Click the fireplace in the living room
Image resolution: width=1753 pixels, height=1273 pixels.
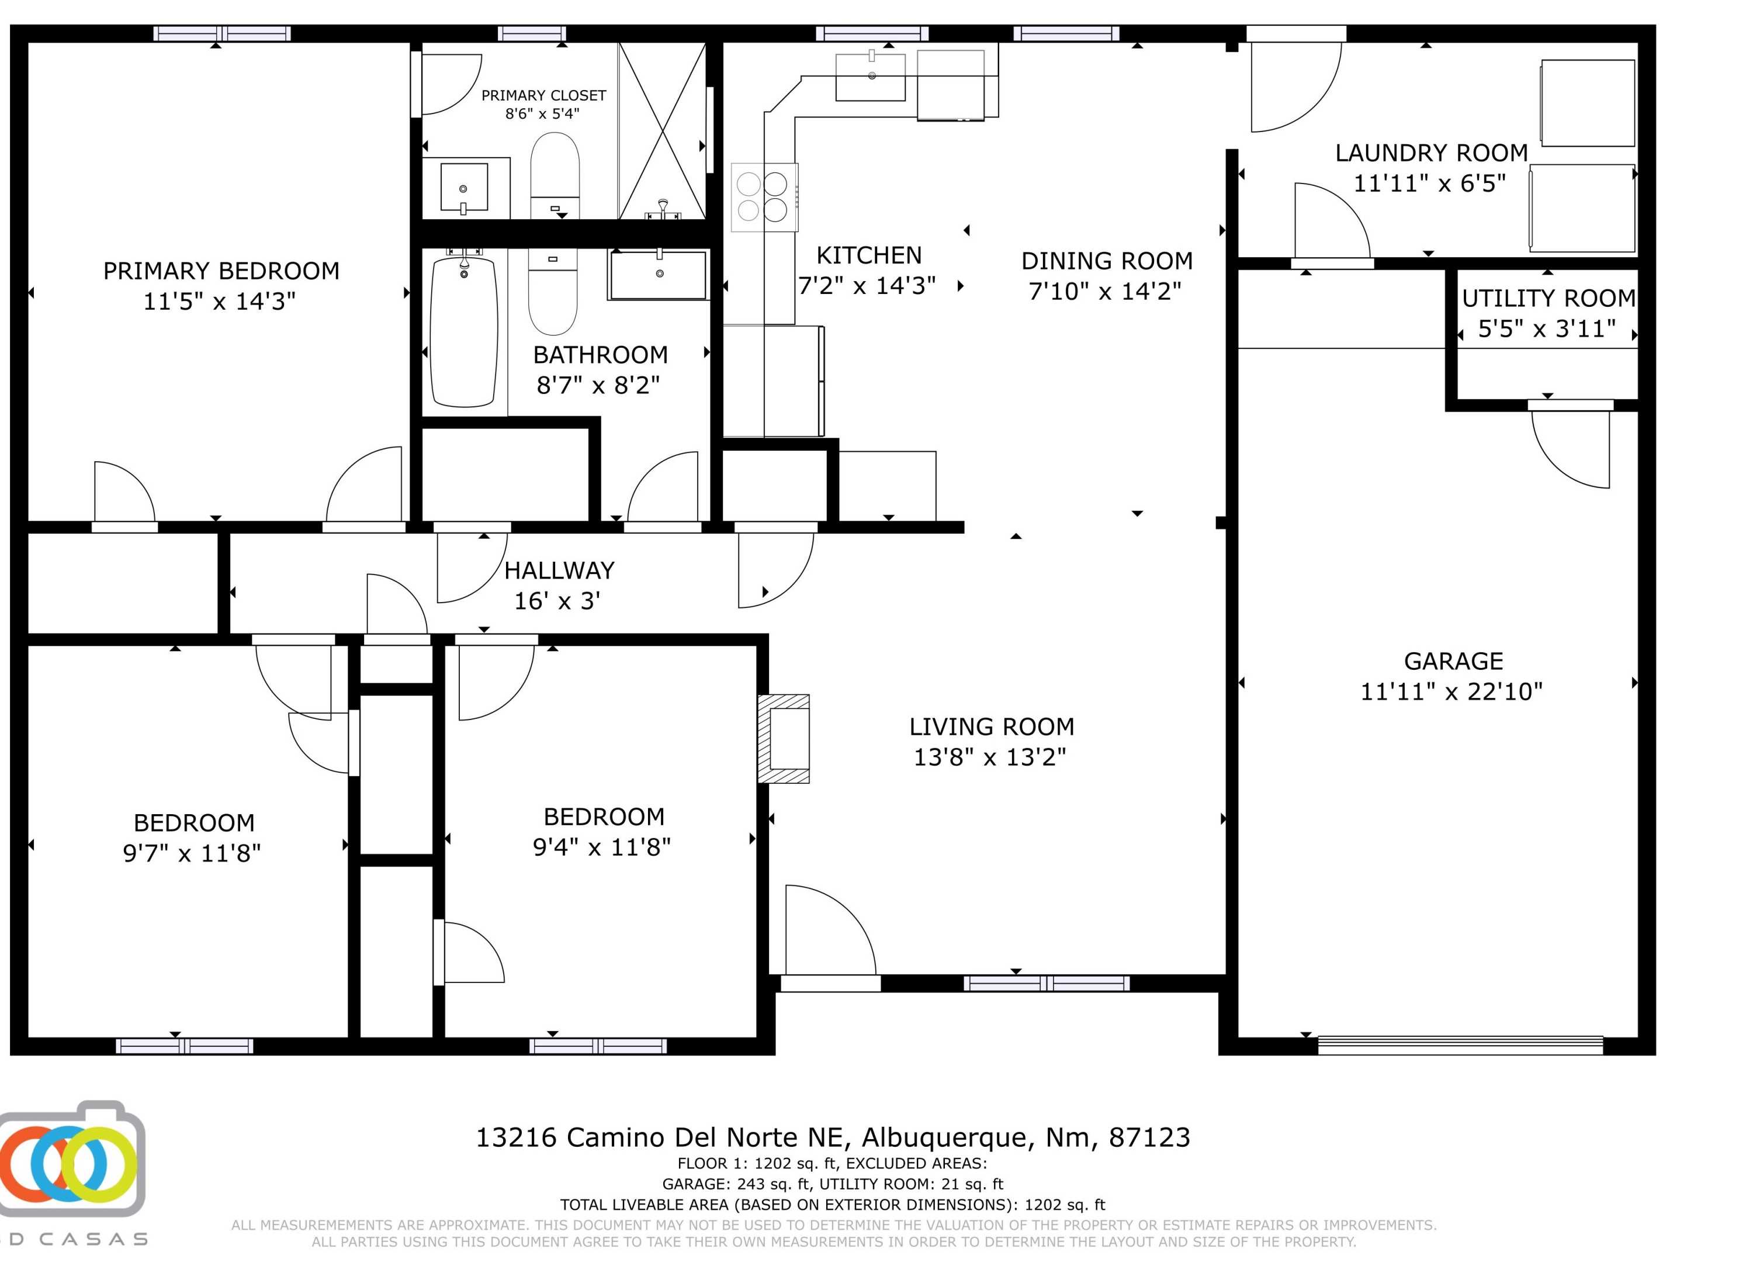click(x=784, y=739)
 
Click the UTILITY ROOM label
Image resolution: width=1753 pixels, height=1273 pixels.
click(x=1547, y=298)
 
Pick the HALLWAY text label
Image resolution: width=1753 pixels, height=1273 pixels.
click(x=559, y=570)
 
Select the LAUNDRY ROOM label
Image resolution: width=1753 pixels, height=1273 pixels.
click(x=1432, y=153)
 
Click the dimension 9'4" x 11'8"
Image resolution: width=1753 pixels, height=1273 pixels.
click(x=601, y=847)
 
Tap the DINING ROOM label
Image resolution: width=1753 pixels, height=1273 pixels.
click(x=1106, y=261)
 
